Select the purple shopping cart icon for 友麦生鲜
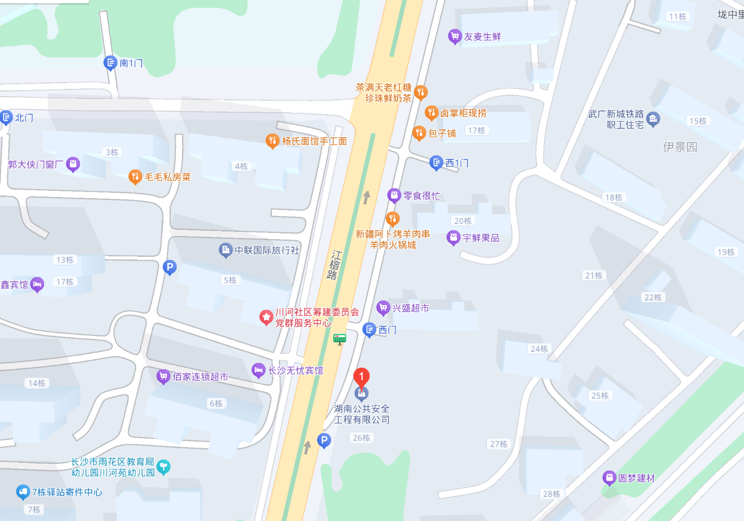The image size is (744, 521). [455, 36]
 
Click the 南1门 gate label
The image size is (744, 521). [131, 63]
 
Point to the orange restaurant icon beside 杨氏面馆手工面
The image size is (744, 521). [272, 141]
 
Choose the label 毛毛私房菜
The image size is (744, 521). [167, 177]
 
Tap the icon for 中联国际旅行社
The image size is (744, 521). [226, 251]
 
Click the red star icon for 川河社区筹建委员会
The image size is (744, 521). [266, 317]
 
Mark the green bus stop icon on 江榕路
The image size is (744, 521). [340, 340]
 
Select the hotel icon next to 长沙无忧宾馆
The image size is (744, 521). [258, 370]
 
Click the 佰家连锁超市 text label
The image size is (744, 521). [201, 376]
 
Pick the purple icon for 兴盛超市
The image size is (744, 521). [383, 308]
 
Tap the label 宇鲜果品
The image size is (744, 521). [481, 238]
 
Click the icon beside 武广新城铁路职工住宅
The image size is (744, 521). [654, 119]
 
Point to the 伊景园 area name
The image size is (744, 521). [680, 147]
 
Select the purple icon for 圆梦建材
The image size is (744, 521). [609, 478]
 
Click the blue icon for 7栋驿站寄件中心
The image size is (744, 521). [23, 492]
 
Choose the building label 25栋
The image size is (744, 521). [600, 396]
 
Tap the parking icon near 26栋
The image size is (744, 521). [324, 441]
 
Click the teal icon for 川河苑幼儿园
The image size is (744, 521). [164, 467]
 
